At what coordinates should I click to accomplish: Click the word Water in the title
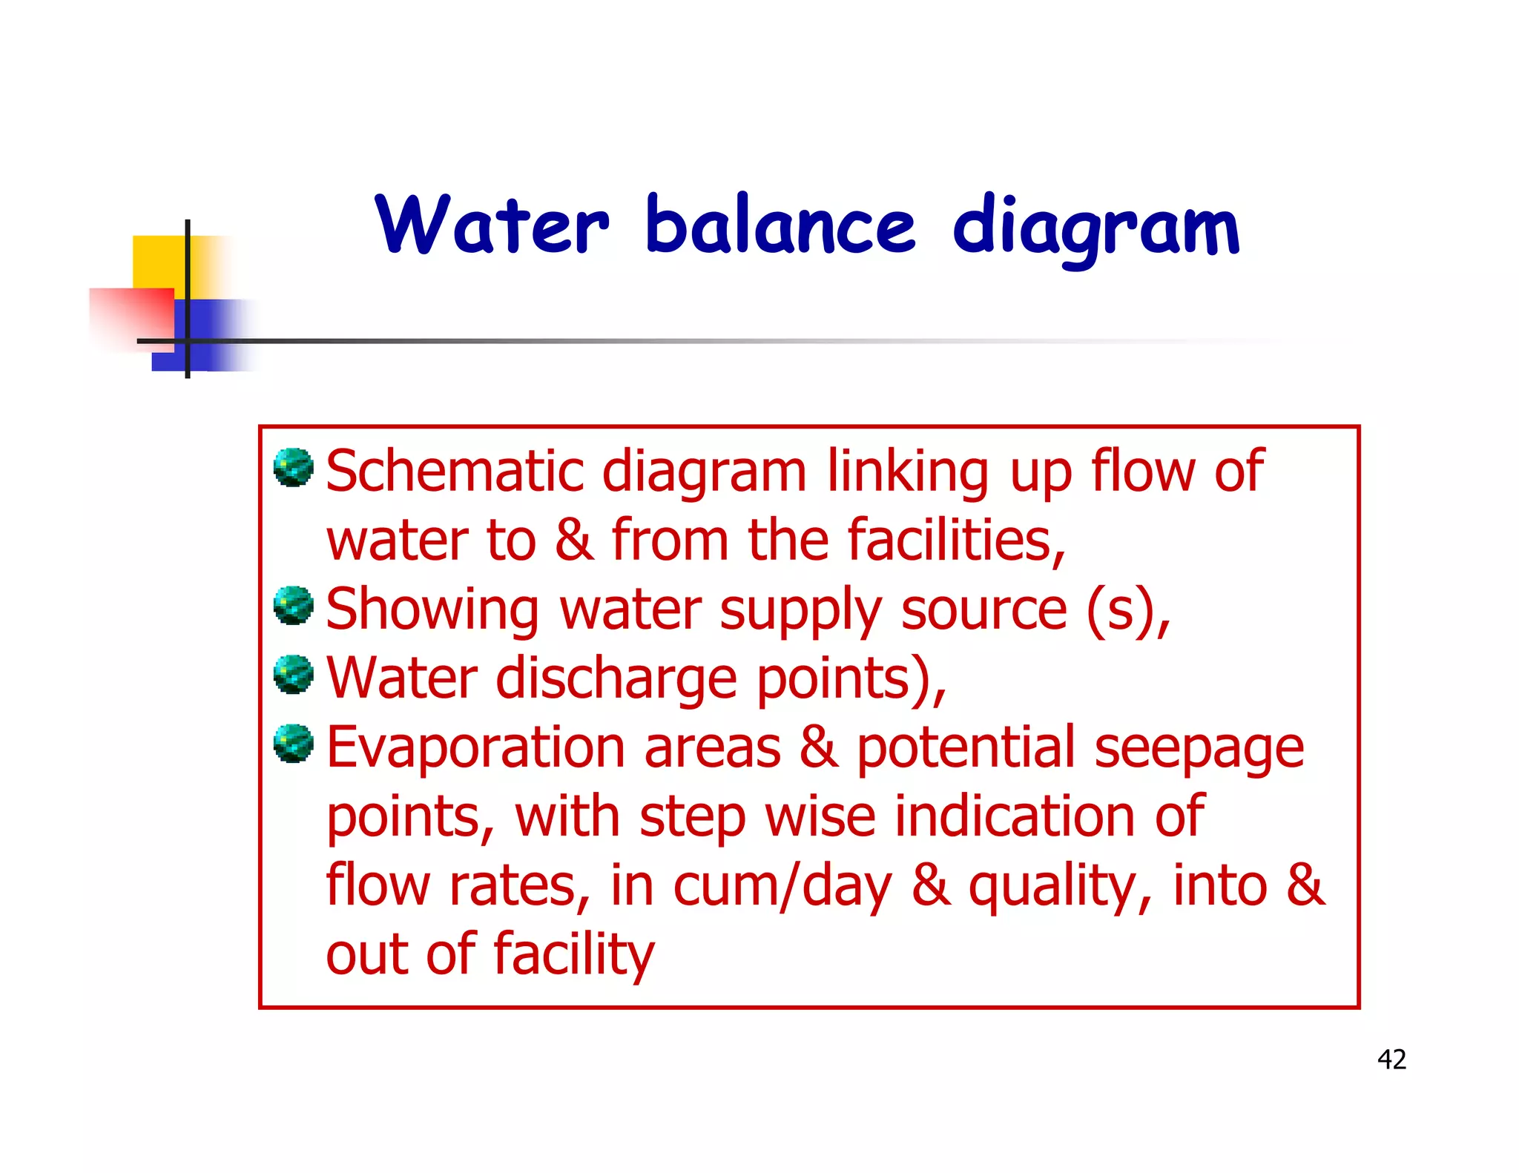pos(492,225)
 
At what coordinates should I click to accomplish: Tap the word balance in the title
pos(781,225)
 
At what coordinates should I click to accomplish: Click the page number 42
pos(1391,1060)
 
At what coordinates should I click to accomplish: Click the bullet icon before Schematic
pos(294,468)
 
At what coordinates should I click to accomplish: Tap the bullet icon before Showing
pos(294,606)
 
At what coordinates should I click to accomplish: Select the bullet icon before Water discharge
pos(294,675)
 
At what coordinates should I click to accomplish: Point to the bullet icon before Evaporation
pos(294,744)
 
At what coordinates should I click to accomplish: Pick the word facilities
pos(956,541)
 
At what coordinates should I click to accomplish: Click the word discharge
pos(616,679)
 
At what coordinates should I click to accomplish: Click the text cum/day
pos(782,887)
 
